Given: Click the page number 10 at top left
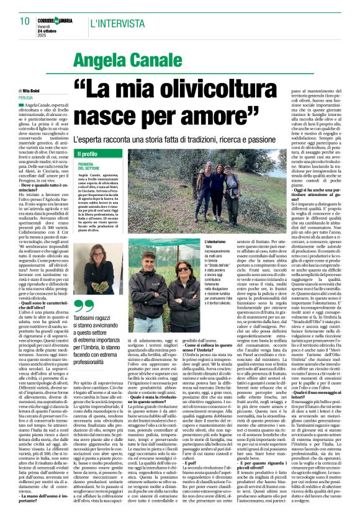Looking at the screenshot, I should click(x=24, y=22).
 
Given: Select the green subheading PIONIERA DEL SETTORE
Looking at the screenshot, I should click(x=90, y=167).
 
